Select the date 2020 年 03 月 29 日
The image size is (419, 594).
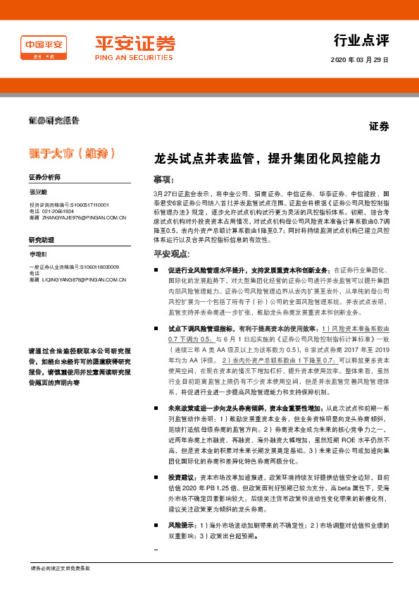pyautogui.click(x=359, y=60)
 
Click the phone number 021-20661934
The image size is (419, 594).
pyautogui.click(x=57, y=212)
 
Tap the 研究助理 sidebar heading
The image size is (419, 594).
pyautogui.click(x=41, y=239)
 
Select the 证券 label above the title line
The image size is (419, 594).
pyautogui.click(x=379, y=127)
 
